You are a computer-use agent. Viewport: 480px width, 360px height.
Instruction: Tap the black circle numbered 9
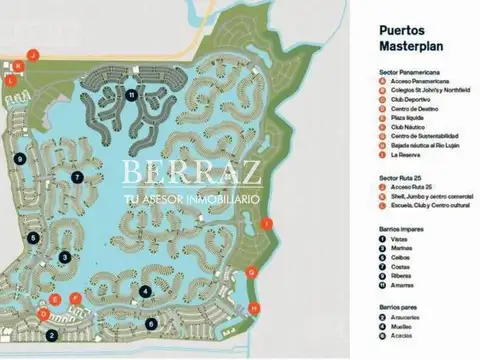click(x=20, y=159)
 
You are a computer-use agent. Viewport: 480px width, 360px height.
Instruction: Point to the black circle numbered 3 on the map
click(x=64, y=257)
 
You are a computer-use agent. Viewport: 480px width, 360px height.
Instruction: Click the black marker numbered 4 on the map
click(x=146, y=292)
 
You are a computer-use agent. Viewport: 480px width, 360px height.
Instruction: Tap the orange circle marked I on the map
click(x=265, y=227)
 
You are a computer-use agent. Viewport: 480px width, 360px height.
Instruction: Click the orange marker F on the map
click(x=75, y=297)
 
